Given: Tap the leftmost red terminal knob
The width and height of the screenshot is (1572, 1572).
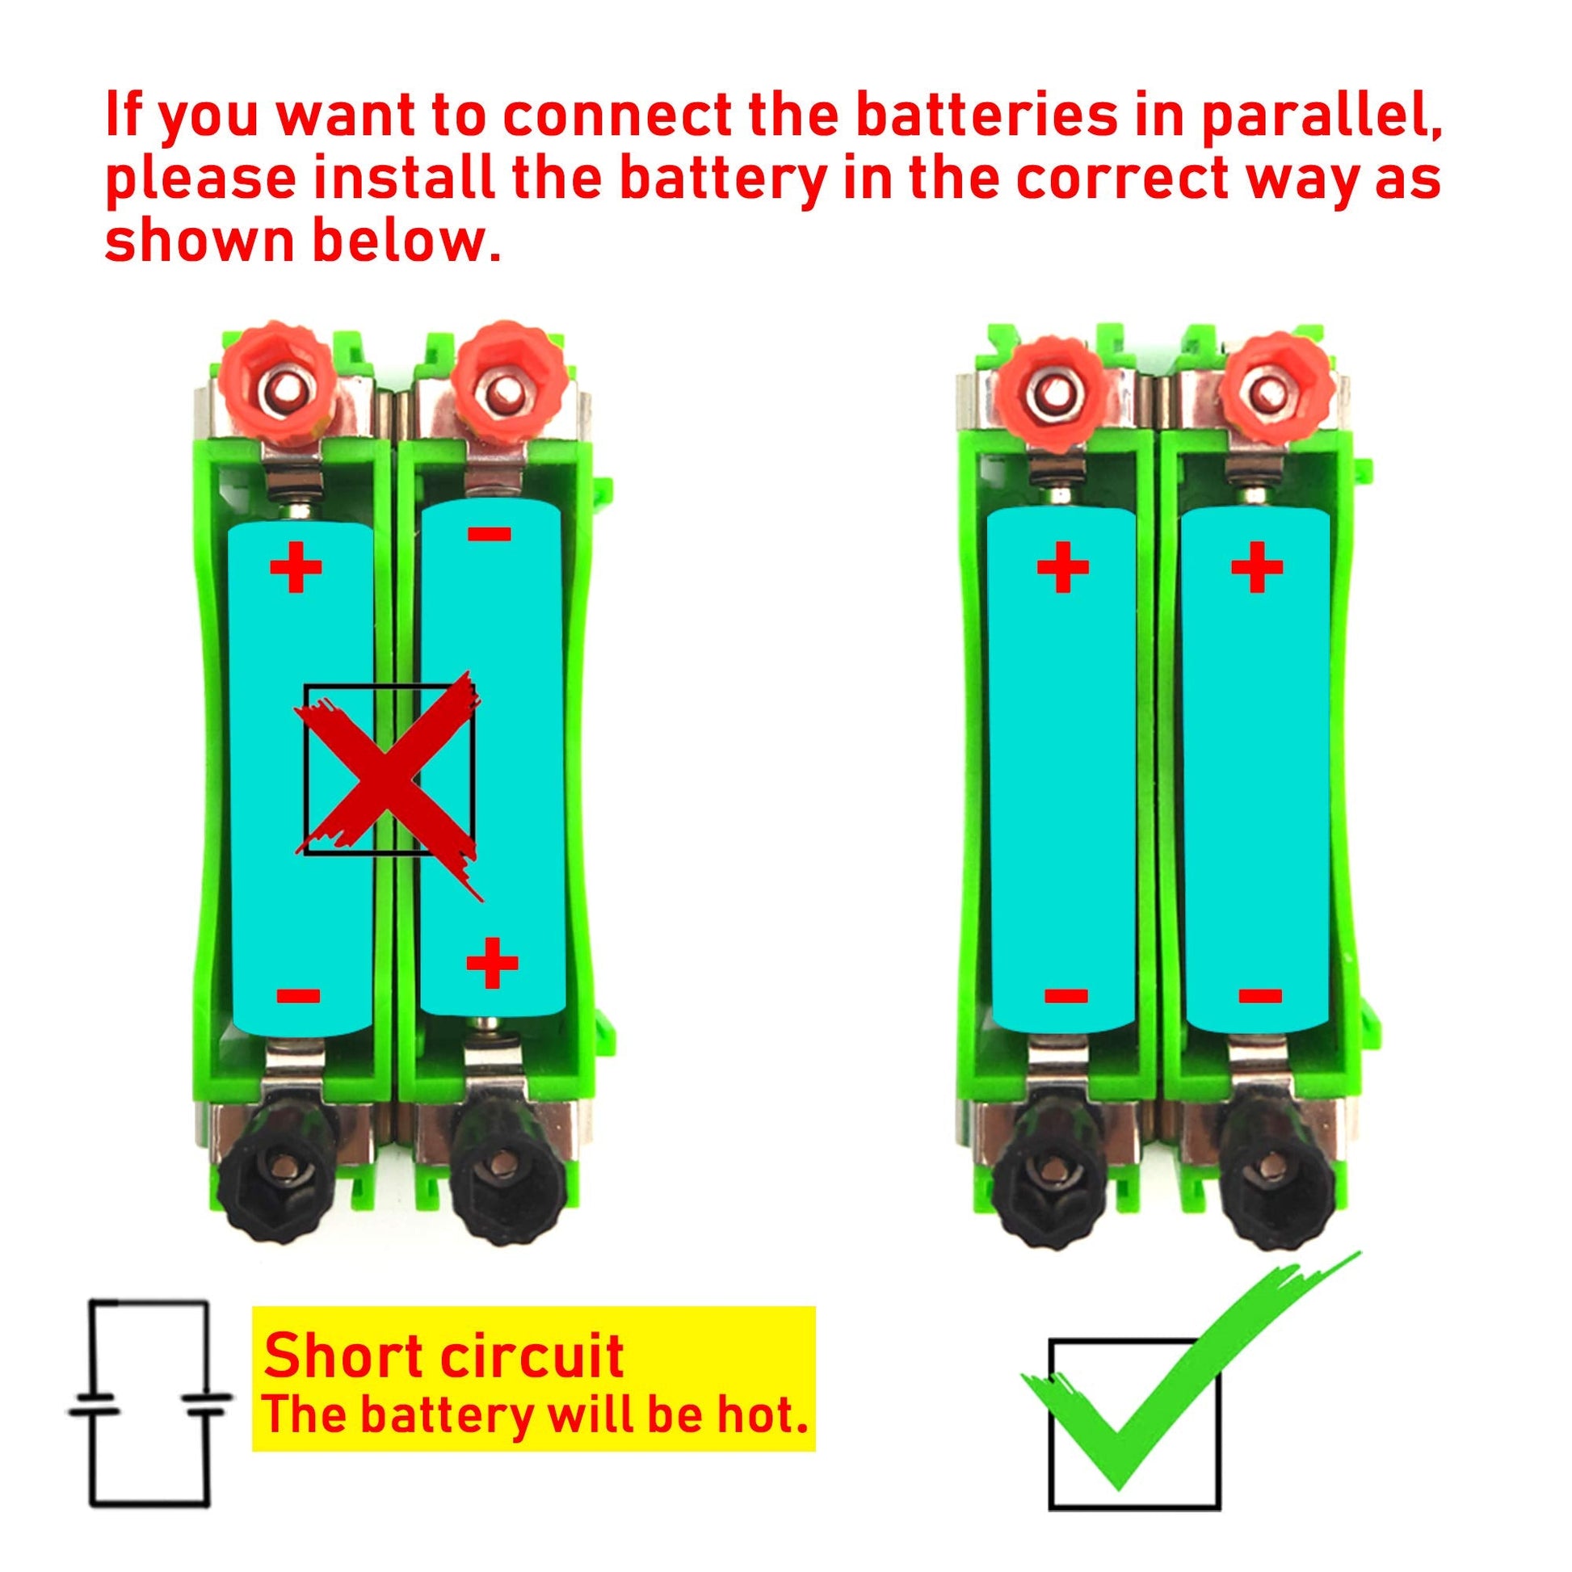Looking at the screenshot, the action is (x=277, y=385).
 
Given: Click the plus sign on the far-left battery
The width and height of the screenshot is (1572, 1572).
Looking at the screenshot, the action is (x=296, y=567).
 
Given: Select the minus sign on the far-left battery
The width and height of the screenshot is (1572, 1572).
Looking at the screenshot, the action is (x=298, y=996).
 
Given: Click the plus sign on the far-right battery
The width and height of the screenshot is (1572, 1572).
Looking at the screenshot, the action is (x=1258, y=565).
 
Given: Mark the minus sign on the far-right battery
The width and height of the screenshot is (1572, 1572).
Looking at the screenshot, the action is (x=1260, y=995).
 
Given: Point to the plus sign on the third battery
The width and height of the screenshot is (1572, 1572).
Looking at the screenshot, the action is (x=1062, y=565).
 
